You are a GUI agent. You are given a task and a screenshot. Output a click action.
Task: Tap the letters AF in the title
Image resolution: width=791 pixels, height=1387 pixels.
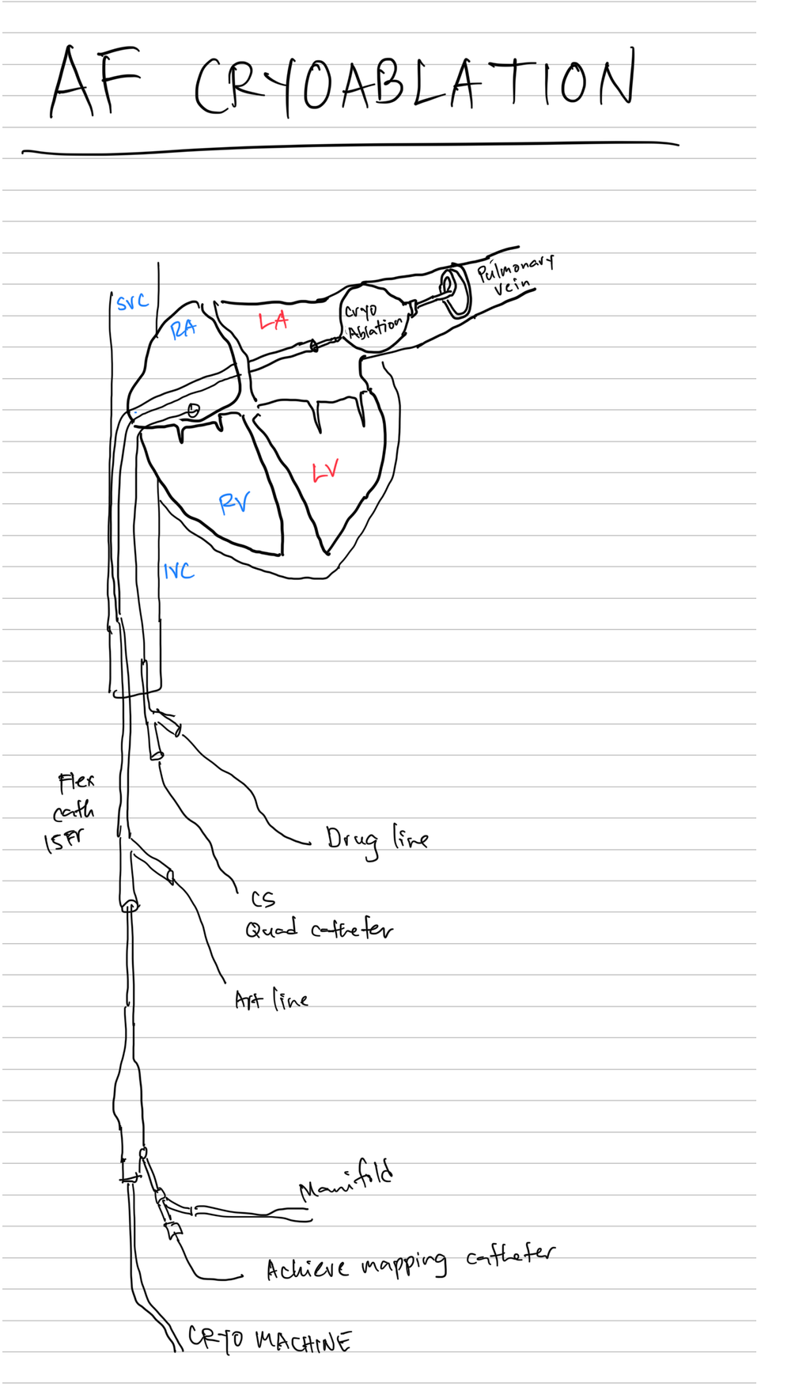[95, 81]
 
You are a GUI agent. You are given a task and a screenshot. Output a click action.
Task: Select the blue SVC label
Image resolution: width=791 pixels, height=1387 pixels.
[132, 301]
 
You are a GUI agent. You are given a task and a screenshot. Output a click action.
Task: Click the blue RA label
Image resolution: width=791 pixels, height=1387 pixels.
[184, 328]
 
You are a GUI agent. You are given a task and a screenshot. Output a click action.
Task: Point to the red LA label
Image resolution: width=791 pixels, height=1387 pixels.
[273, 320]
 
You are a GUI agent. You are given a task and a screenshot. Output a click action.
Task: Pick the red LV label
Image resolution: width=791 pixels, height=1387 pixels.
[325, 472]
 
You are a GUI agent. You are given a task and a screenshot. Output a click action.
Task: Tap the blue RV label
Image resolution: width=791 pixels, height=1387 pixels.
[234, 502]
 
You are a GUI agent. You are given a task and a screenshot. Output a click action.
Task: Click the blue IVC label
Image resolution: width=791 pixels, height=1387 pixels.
[179, 570]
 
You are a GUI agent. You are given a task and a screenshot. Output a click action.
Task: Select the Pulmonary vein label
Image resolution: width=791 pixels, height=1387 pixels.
[514, 275]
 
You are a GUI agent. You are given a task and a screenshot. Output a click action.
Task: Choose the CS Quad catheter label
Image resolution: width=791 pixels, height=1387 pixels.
[318, 918]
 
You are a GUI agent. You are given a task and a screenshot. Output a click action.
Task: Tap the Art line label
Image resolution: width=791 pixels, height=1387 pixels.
[271, 1000]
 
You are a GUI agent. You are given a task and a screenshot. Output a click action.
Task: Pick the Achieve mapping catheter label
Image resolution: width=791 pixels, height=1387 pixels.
[410, 1263]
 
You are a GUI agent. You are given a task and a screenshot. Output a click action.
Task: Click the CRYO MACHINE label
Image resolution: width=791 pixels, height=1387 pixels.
[269, 1340]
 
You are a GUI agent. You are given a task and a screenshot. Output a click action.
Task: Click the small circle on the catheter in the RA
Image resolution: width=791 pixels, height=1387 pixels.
[193, 410]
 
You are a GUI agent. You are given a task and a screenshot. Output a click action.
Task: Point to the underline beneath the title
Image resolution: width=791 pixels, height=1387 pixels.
[348, 146]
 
